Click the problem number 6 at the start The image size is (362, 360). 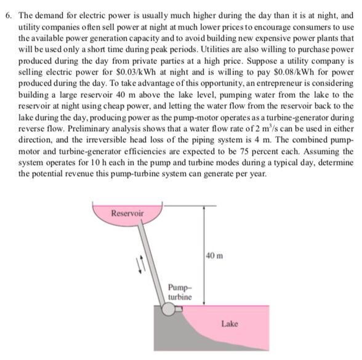coord(7,12)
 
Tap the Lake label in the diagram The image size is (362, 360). coord(230,323)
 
